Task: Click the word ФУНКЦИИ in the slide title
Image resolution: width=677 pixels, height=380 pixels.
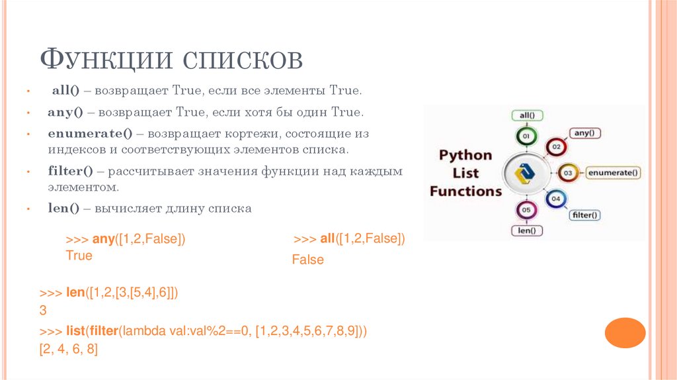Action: (106, 60)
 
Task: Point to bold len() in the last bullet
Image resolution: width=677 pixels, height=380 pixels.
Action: (63, 208)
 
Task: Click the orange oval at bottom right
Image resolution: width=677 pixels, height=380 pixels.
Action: (625, 333)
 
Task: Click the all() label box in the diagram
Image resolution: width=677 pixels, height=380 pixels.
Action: (527, 115)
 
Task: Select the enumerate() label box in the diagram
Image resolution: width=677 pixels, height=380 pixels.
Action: (614, 173)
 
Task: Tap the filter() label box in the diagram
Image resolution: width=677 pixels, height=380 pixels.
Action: (584, 214)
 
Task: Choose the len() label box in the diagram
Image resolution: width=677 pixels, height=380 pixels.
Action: (527, 231)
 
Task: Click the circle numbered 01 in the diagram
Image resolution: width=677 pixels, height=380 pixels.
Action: (526, 137)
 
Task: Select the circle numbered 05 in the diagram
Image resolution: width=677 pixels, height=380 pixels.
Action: (526, 210)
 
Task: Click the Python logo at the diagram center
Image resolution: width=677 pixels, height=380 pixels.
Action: (527, 173)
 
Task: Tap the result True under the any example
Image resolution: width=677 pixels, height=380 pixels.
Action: (79, 256)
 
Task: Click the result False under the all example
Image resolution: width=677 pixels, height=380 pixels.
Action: (308, 260)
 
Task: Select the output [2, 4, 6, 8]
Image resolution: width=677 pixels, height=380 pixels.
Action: (69, 350)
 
